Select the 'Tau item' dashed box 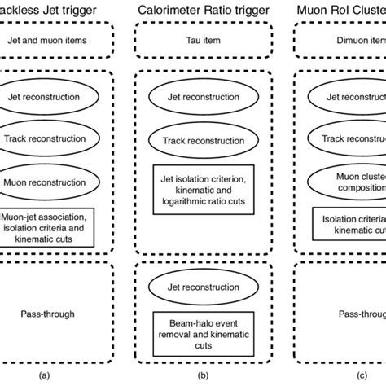tap(194, 39)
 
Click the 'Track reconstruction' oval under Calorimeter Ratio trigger tap(194, 140)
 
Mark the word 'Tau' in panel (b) tap(182, 39)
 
